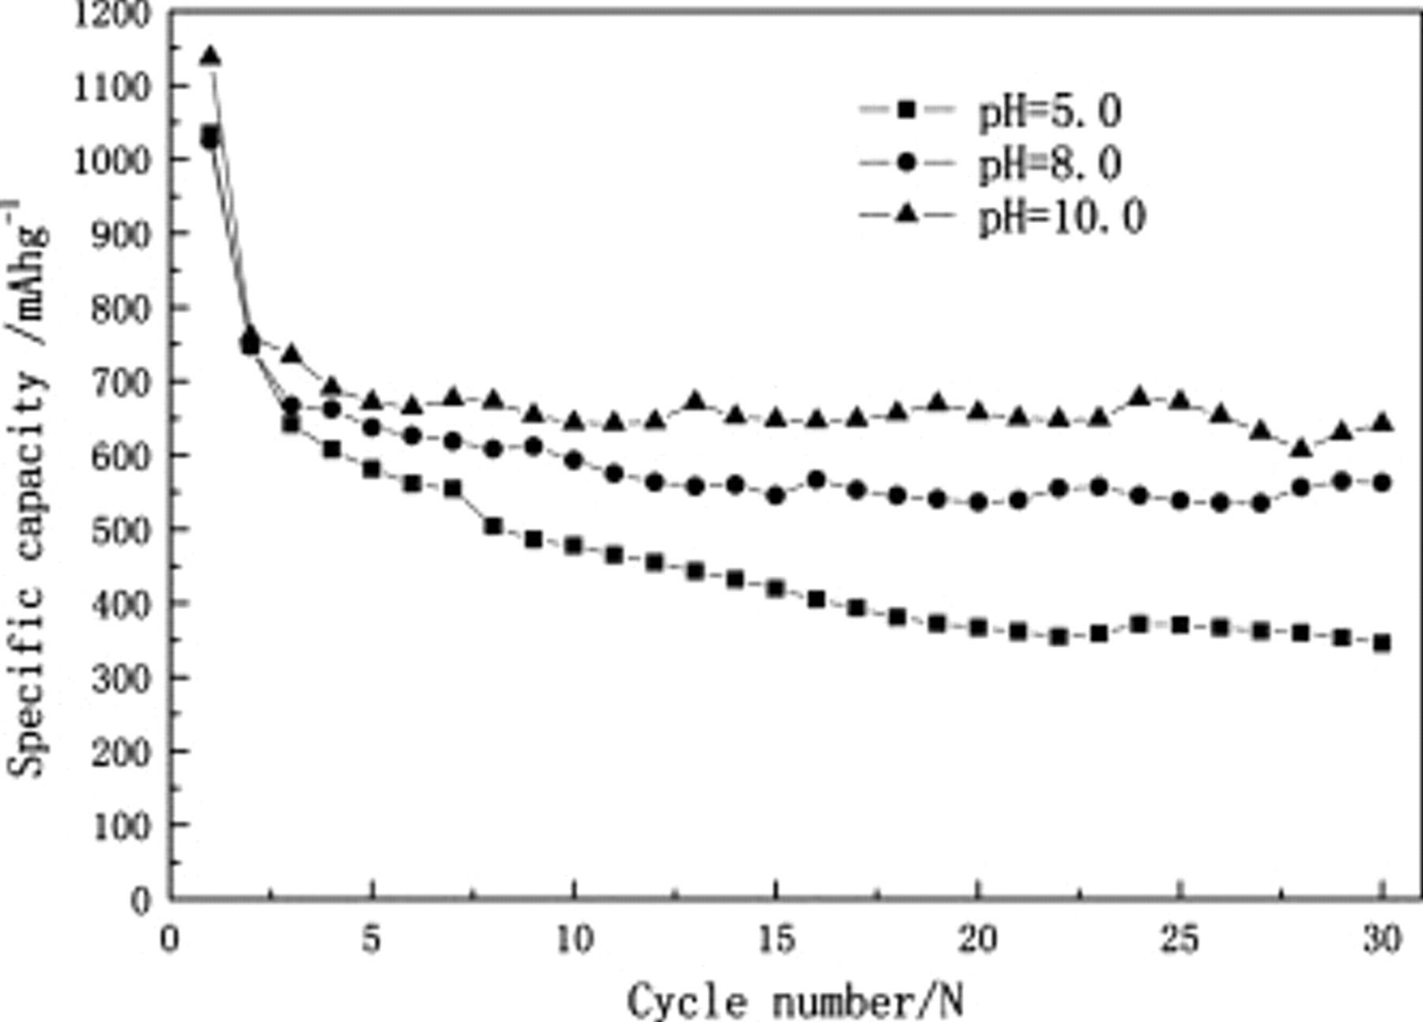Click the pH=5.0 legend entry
pyautogui.click(x=988, y=111)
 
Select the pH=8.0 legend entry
pyautogui.click(x=988, y=164)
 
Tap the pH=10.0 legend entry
pyautogui.click(x=1000, y=216)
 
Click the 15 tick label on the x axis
pyautogui.click(x=776, y=941)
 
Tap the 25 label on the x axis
pyautogui.click(x=1180, y=941)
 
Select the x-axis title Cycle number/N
pyautogui.click(x=795, y=1001)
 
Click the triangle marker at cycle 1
pyautogui.click(x=210, y=56)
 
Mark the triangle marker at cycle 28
pyautogui.click(x=1301, y=449)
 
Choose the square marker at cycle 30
pyautogui.click(x=1382, y=642)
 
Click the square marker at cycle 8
pyautogui.click(x=493, y=526)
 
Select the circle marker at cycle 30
pyautogui.click(x=1382, y=483)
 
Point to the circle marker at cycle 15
pyautogui.click(x=776, y=496)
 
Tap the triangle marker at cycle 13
pyautogui.click(x=695, y=400)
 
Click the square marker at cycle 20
pyautogui.click(x=978, y=627)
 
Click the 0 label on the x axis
pyautogui.click(x=168, y=941)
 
